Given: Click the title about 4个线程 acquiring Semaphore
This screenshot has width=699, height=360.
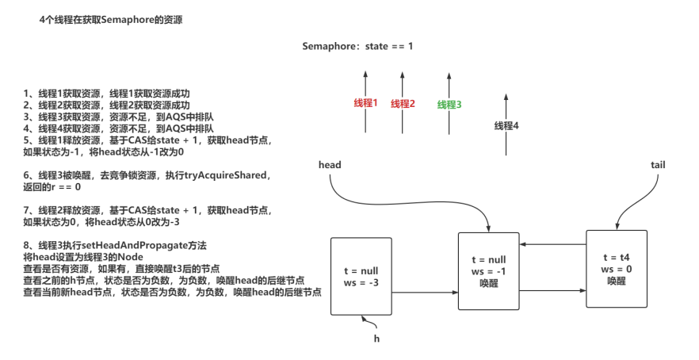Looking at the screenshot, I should tap(111, 19).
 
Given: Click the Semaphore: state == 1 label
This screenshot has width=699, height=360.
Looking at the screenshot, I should tap(357, 46).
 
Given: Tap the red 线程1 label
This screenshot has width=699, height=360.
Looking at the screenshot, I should tap(365, 104).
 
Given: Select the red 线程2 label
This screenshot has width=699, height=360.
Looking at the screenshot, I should tap(403, 104).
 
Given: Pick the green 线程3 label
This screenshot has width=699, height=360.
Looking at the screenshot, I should tap(449, 104).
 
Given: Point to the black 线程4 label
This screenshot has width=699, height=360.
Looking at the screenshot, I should tap(507, 125).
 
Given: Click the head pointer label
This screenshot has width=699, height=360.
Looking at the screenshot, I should tap(329, 164).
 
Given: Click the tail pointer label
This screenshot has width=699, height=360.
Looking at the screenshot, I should tap(657, 164).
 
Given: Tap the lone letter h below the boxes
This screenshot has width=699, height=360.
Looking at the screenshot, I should tap(377, 338).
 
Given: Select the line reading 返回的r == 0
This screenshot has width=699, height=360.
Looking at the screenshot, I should tap(52, 186).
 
